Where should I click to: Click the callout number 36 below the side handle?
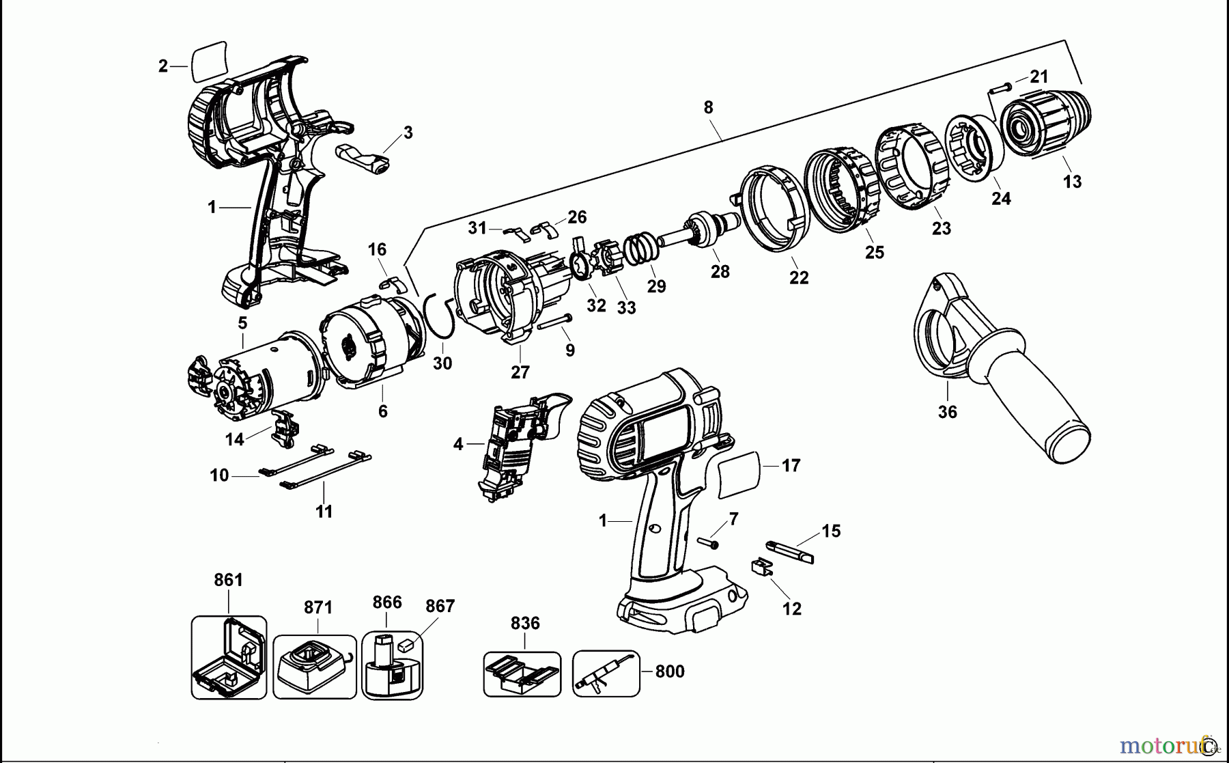tap(947, 412)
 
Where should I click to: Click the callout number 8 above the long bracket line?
tap(708, 107)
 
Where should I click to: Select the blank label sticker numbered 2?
tap(210, 61)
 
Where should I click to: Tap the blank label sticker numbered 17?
tap(739, 473)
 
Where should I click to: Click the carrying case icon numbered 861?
tap(229, 658)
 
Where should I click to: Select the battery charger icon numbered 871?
tap(314, 667)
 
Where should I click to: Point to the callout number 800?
tap(669, 671)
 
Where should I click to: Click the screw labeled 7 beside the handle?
tap(709, 543)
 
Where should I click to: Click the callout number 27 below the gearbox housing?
tap(520, 372)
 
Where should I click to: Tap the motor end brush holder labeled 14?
tap(285, 428)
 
